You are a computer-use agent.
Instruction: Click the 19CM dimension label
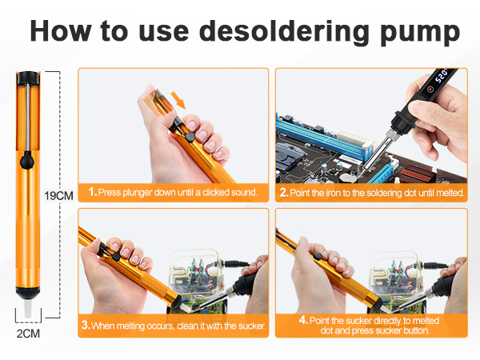click(x=58, y=195)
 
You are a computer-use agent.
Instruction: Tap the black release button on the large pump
click(x=27, y=159)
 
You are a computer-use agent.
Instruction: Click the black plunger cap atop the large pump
click(x=26, y=77)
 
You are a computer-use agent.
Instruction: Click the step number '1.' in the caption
click(x=93, y=192)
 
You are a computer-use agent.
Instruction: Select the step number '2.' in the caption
click(x=284, y=193)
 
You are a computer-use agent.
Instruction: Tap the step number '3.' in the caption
click(x=86, y=326)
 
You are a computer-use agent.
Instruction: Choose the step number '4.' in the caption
click(x=303, y=319)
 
